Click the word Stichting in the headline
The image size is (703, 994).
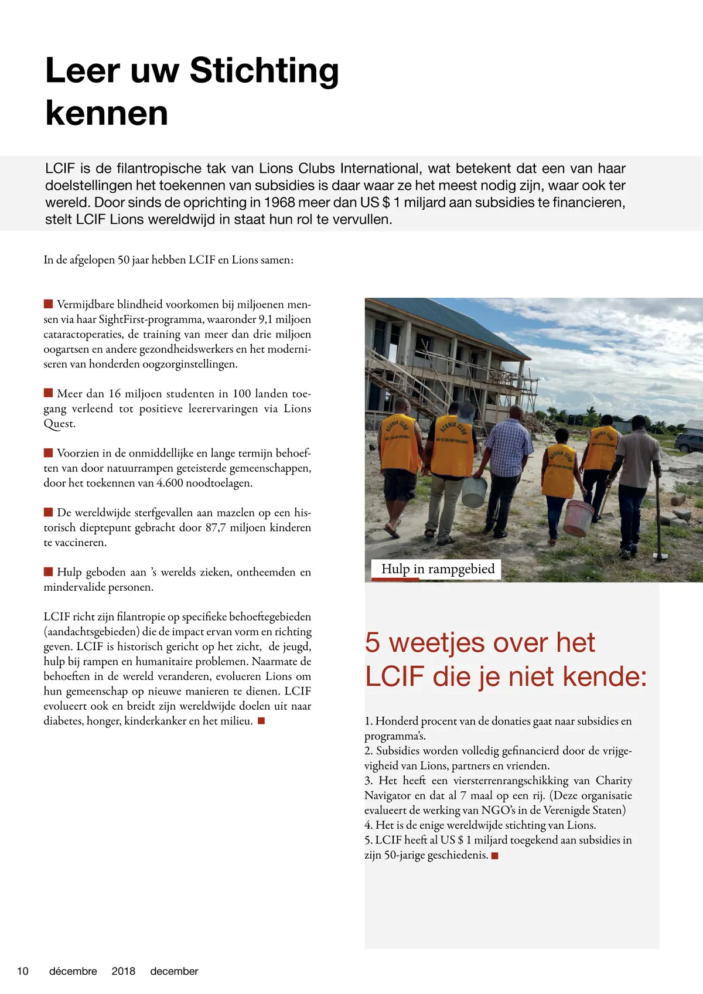tap(264, 71)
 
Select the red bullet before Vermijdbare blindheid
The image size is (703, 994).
tap(49, 304)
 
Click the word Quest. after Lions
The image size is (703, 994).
tap(59, 424)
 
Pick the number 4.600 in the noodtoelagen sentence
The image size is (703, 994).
tap(170, 484)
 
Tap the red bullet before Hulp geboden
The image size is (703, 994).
tap(49, 571)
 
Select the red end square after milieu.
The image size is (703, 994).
tap(261, 721)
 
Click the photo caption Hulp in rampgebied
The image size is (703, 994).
tap(438, 569)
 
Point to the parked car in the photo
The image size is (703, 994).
tap(689, 442)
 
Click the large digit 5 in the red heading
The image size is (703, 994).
tap(373, 643)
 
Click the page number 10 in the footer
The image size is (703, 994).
tap(23, 971)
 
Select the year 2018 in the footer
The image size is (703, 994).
tap(123, 971)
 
